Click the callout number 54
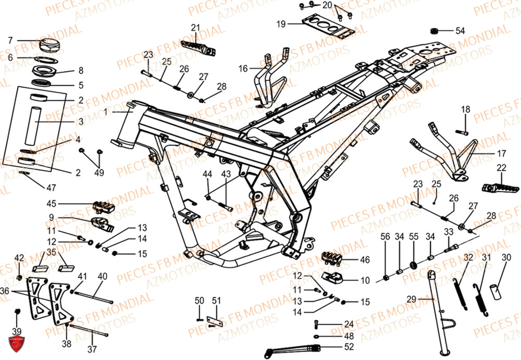[460, 31]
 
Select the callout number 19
[281, 24]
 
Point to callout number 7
[10, 40]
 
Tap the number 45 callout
[51, 204]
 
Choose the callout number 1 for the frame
[105, 111]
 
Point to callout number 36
[5, 290]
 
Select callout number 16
[243, 68]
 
